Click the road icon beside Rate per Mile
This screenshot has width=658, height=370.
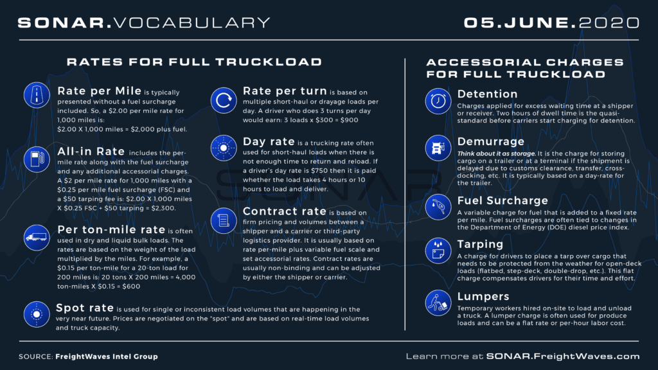[37, 95]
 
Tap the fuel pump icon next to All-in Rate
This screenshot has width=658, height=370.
[37, 158]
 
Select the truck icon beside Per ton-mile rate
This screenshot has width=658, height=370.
[37, 237]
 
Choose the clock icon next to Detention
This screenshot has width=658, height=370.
[438, 101]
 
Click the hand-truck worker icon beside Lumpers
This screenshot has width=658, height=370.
[438, 303]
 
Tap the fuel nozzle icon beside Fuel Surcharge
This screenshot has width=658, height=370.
[438, 207]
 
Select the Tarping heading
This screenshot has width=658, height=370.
[480, 244]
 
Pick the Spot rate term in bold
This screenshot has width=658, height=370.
[85, 308]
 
